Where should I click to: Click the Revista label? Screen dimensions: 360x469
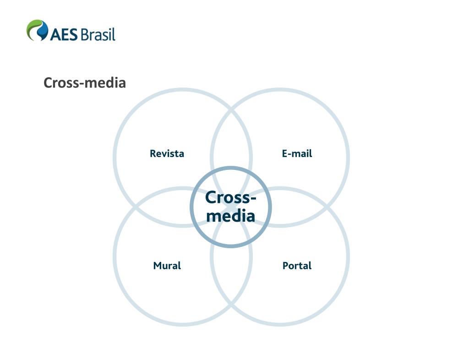[x=167, y=153]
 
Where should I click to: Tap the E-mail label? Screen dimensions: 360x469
[x=297, y=153]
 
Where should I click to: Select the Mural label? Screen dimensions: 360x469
[x=167, y=266]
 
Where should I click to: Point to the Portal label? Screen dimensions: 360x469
[x=297, y=266]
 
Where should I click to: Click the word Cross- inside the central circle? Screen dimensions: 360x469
[x=230, y=197]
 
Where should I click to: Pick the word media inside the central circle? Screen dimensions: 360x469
[x=230, y=216]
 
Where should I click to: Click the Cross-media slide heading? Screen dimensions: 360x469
[x=85, y=83]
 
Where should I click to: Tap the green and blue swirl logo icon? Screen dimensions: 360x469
[x=37, y=30]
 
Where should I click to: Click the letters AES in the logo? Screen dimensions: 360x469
[x=64, y=34]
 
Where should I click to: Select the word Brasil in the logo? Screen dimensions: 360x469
[x=98, y=34]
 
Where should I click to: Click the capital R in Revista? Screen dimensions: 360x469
[x=153, y=153]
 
